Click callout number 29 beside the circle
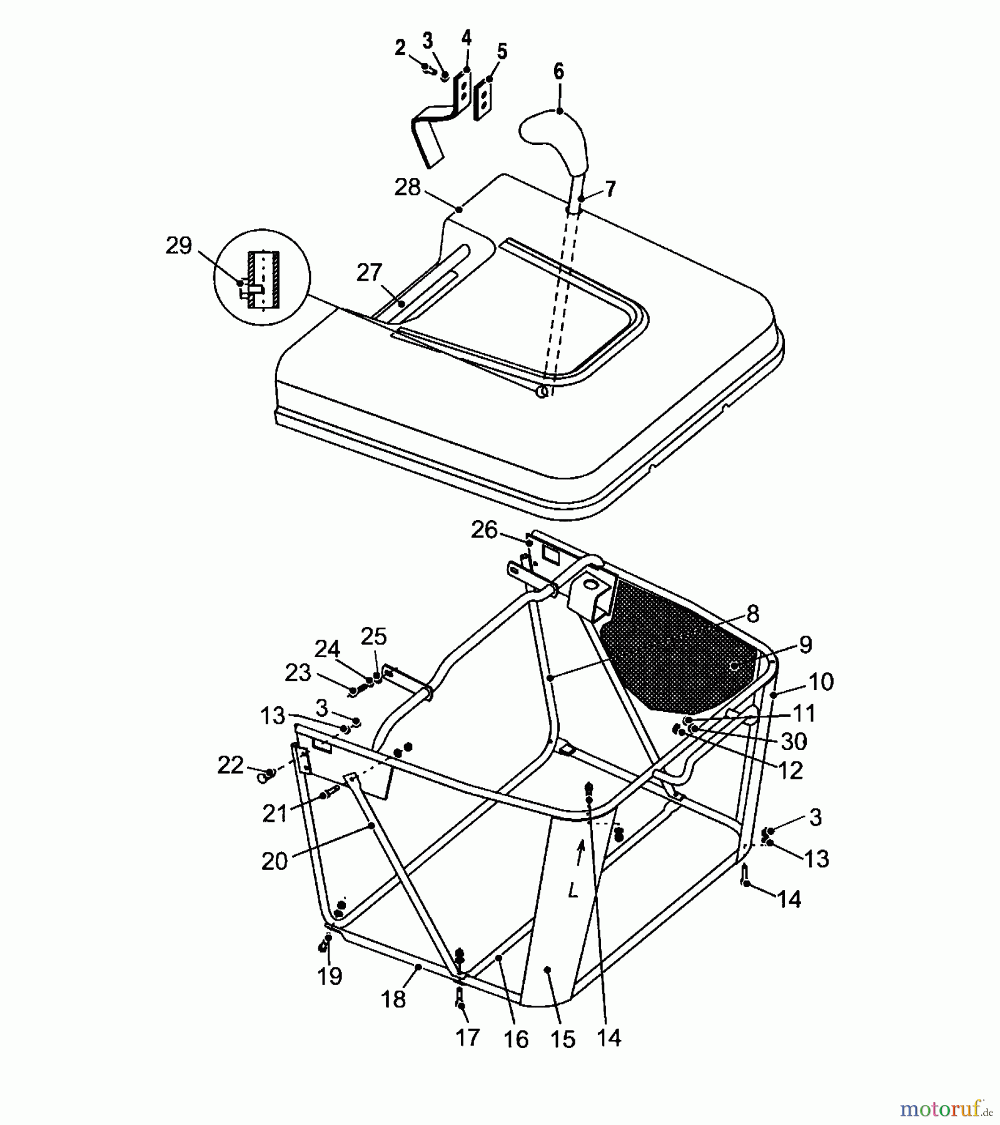pos(178,246)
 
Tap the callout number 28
pos(407,187)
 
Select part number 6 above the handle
pos(558,72)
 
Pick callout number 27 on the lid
pos(369,272)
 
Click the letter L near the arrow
pos(573,891)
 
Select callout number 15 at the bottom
pos(562,1039)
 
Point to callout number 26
pos(484,530)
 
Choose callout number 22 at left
pos(230,765)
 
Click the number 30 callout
pos(794,742)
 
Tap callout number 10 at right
pos(821,682)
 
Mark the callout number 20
pos(274,862)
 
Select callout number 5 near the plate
pos(502,51)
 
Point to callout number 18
pos(393,999)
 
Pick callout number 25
pos(373,637)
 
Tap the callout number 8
pos(752,614)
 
